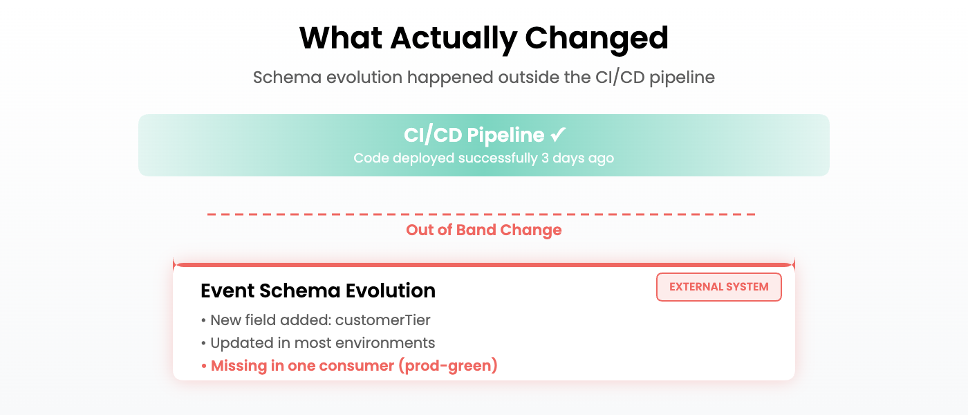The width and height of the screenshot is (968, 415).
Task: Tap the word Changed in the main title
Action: click(x=597, y=39)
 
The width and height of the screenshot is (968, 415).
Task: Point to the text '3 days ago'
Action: click(x=577, y=158)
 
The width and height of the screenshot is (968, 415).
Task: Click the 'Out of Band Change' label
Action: click(x=484, y=230)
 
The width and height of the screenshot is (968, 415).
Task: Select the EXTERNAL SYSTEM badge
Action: click(x=718, y=287)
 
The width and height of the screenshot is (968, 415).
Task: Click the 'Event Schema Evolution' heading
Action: click(x=318, y=290)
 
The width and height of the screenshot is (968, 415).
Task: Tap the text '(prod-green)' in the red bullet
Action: click(x=448, y=366)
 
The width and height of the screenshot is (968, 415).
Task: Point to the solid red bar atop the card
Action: click(x=484, y=264)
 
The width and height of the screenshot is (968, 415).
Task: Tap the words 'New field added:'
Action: click(x=270, y=320)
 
